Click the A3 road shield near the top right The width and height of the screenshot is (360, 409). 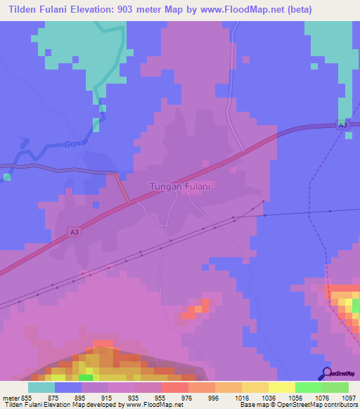[342, 125]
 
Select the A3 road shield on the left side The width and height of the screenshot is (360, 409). [75, 232]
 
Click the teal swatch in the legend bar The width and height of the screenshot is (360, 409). [41, 387]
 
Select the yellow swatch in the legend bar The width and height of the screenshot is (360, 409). [281, 387]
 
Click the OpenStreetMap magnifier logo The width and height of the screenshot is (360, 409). [326, 373]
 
